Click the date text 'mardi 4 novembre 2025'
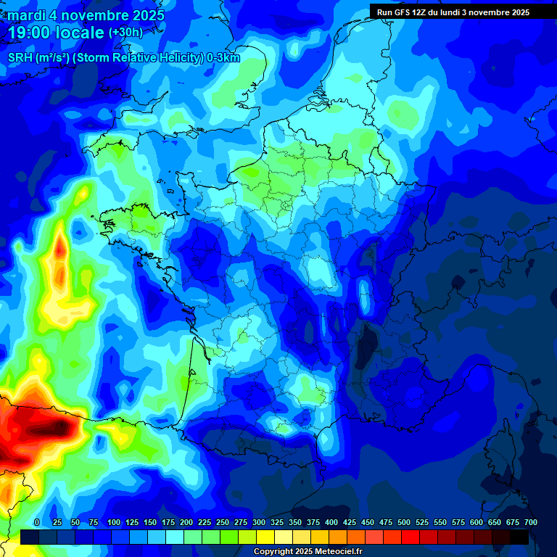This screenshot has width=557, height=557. click(x=86, y=15)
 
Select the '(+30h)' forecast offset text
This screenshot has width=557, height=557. click(x=125, y=33)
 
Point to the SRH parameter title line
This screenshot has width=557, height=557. click(x=123, y=59)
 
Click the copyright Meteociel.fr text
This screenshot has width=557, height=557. click(x=308, y=552)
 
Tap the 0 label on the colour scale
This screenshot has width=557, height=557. click(x=37, y=523)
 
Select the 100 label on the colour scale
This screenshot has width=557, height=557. click(x=114, y=523)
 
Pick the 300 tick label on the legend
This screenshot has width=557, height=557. click(x=259, y=523)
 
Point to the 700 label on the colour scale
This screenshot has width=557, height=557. click(x=530, y=523)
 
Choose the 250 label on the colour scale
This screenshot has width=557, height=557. click(x=223, y=523)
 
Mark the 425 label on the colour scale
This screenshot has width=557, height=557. click(x=350, y=523)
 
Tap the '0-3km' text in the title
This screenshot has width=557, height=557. click(x=223, y=59)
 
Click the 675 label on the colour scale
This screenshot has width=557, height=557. click(x=513, y=523)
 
